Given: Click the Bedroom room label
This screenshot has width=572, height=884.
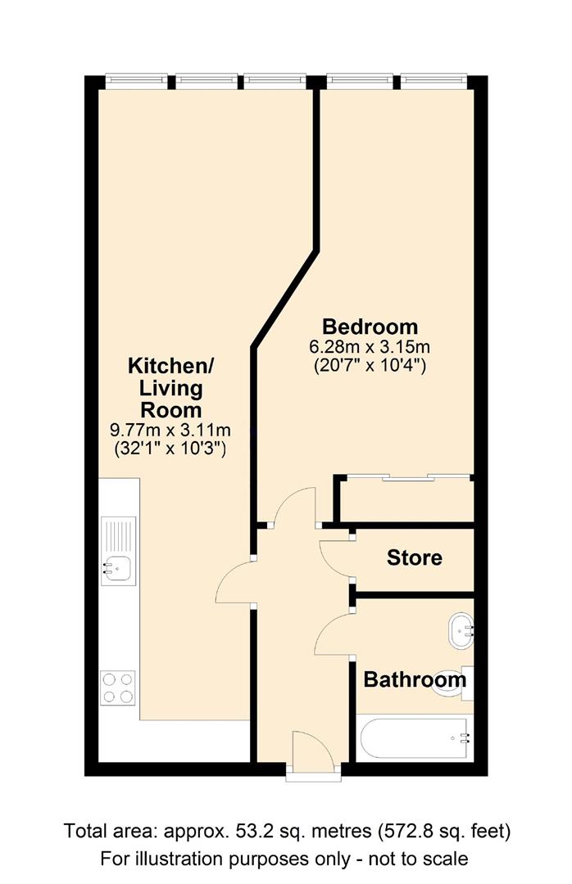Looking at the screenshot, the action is coord(370,327).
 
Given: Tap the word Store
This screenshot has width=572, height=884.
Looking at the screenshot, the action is coord(415,557).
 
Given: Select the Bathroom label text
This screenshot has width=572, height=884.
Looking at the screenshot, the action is coord(415,679).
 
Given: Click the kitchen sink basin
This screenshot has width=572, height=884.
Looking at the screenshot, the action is coord(118,567).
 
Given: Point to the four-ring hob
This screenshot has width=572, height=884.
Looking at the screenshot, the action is coord(119,688).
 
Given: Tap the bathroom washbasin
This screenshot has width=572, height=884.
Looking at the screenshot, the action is coord(461,631).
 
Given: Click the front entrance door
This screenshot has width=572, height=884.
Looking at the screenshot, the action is coord(313,749).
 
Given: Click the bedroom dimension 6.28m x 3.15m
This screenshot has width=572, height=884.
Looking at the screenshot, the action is coord(370,346).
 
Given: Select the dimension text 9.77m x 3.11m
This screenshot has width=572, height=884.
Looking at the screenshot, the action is coord(170,431).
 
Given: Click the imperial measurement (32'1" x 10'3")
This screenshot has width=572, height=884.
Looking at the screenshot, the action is coord(170,449).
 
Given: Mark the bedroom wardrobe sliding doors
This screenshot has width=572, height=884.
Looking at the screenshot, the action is coord(407,478).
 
